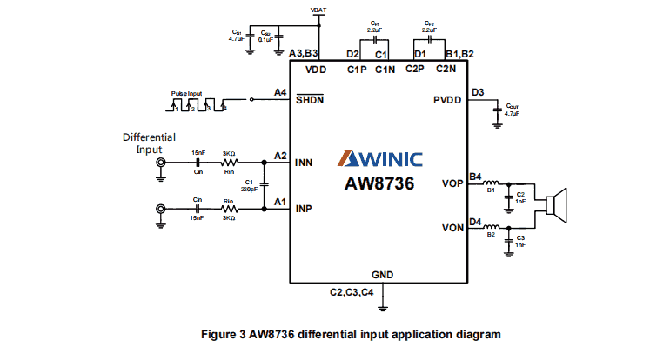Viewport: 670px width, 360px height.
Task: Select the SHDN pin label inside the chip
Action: [x=309, y=99]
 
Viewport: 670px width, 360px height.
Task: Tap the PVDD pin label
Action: [x=450, y=100]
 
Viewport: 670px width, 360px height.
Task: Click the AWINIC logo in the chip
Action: [x=379, y=159]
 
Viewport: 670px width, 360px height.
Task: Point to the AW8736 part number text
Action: [x=380, y=183]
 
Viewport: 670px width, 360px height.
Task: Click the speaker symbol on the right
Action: [x=556, y=204]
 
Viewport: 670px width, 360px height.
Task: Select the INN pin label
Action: [x=305, y=163]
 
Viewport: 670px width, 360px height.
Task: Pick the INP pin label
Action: [x=305, y=209]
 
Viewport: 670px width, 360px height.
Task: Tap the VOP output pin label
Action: [x=452, y=183]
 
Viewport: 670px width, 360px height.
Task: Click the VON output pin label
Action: [x=452, y=229]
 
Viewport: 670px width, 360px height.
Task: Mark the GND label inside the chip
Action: [x=382, y=275]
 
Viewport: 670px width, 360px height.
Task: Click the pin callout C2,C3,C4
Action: [x=352, y=291]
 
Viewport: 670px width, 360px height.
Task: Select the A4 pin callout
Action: [x=279, y=92]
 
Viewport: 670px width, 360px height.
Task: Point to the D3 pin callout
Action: [x=477, y=92]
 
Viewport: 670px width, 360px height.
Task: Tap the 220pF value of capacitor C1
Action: [x=250, y=189]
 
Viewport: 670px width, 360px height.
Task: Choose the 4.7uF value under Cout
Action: [x=512, y=114]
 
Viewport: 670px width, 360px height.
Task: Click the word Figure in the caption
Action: [x=220, y=333]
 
